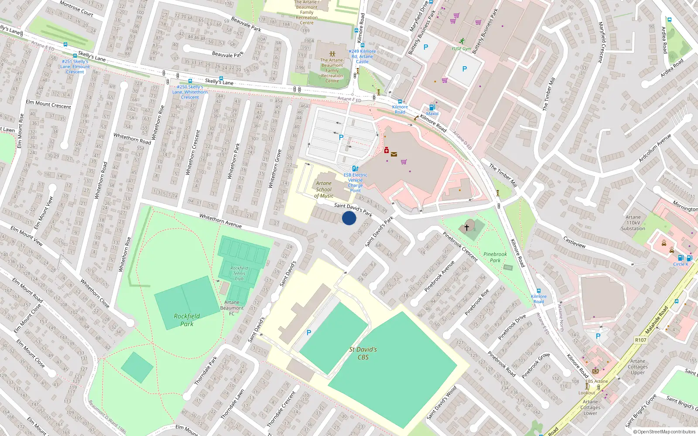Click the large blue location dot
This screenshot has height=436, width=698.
(349, 218)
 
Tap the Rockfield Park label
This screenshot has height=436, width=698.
(187, 320)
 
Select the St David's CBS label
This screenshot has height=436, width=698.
(363, 353)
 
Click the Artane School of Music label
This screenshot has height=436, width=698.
(324, 190)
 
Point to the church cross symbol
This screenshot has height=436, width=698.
(467, 227)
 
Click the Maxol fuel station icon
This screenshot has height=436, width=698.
(432, 107)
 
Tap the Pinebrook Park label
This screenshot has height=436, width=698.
(495, 257)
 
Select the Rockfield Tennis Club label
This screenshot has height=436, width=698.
(239, 273)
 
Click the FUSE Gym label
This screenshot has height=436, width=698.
(461, 49)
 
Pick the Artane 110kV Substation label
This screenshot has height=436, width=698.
(633, 223)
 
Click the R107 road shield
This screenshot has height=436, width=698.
(641, 340)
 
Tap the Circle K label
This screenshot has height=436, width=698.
(681, 264)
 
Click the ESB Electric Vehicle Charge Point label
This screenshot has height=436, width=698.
(356, 183)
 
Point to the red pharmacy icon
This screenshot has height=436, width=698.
(387, 150)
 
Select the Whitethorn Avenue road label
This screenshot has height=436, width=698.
(220, 221)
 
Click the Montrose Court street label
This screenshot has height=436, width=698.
(76, 9)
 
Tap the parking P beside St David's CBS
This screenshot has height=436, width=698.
(309, 333)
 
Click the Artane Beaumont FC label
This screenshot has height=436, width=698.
(232, 308)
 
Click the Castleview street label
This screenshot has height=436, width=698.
(575, 242)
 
